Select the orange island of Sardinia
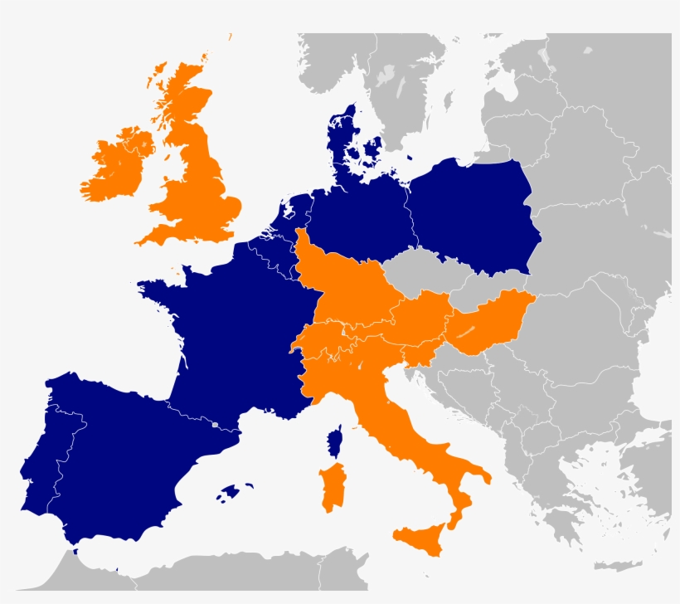(333, 488)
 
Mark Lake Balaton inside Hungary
(469, 331)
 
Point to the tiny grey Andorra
(215, 424)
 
